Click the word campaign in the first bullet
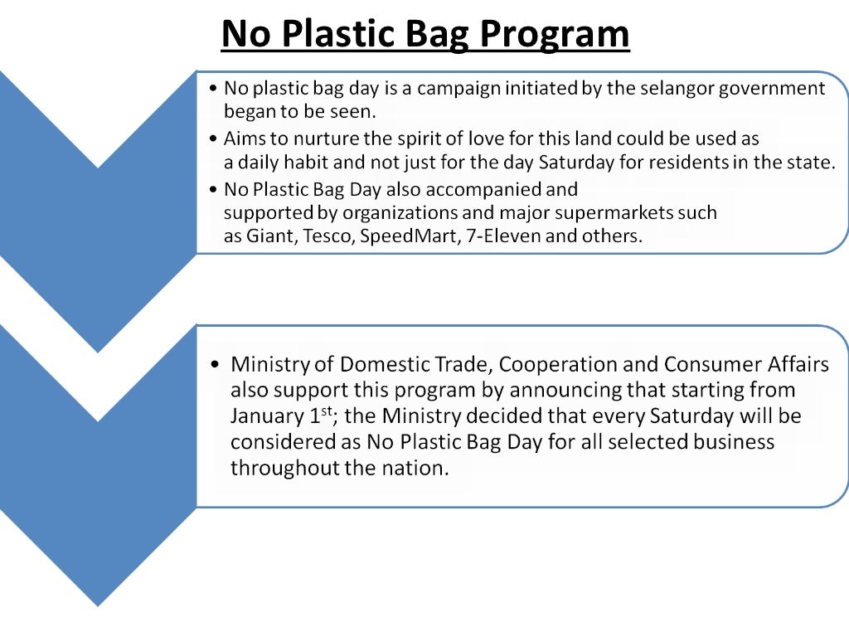(x=457, y=89)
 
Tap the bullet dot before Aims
(x=215, y=139)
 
